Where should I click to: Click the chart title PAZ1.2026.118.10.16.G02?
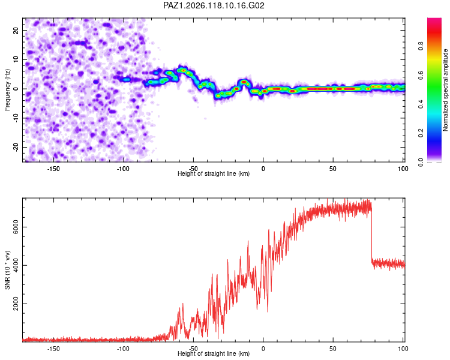pyautogui.click(x=214, y=5)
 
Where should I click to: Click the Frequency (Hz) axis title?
pyautogui.click(x=7, y=90)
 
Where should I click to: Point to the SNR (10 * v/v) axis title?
pyautogui.click(x=7, y=270)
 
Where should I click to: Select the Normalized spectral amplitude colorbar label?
pyautogui.click(x=445, y=90)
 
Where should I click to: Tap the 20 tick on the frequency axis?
pyautogui.click(x=16, y=31)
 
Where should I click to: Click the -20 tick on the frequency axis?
pyautogui.click(x=16, y=148)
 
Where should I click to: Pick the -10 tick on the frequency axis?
pyautogui.click(x=16, y=118)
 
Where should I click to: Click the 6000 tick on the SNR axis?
pyautogui.click(x=16, y=227)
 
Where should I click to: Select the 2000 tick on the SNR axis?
pyautogui.click(x=16, y=304)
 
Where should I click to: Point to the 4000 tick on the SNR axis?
pyautogui.click(x=16, y=265)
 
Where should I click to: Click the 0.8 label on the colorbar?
pyautogui.click(x=421, y=46)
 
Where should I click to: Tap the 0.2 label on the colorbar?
pyautogui.click(x=421, y=133)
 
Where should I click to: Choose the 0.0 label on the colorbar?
pyautogui.click(x=421, y=162)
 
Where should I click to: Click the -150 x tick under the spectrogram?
pyautogui.click(x=53, y=169)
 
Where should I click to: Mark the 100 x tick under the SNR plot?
pyautogui.click(x=403, y=349)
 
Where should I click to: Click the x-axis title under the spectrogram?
pyautogui.click(x=214, y=173)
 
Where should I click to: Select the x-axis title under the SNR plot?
pyautogui.click(x=214, y=353)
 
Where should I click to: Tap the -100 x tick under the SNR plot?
pyautogui.click(x=123, y=349)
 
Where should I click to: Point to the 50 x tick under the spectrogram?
pyautogui.click(x=333, y=169)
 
